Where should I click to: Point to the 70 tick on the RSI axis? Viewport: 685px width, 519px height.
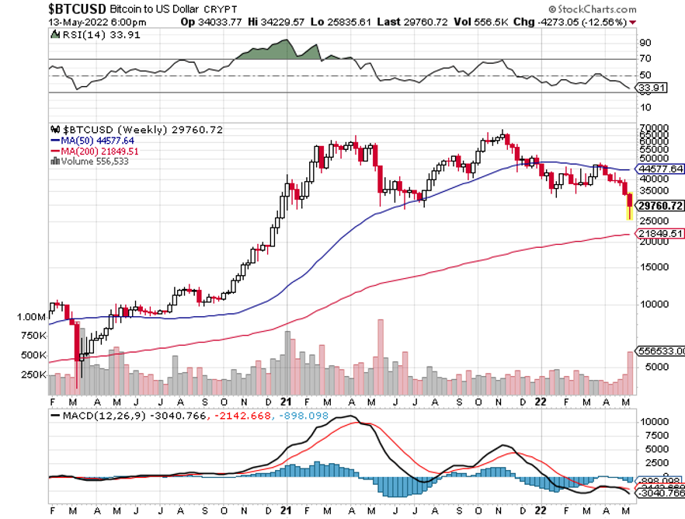pyautogui.click(x=645, y=59)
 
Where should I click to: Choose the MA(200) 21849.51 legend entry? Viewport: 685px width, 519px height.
pyautogui.click(x=97, y=151)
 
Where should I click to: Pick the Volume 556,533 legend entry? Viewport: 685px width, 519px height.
pyautogui.click(x=94, y=161)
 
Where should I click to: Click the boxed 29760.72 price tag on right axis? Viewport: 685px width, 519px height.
pyautogui.click(x=660, y=206)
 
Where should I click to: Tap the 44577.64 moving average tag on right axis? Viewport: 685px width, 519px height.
pyautogui.click(x=660, y=169)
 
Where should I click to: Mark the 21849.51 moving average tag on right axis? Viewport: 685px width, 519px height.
pyautogui.click(x=660, y=233)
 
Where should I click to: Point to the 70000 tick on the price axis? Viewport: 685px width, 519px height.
pyautogui.click(x=653, y=127)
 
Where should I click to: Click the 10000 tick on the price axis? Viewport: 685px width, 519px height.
pyautogui.click(x=653, y=304)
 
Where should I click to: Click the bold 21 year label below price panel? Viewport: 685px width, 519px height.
pyautogui.click(x=286, y=402)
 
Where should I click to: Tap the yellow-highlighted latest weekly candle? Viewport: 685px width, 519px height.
pyautogui.click(x=629, y=206)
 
